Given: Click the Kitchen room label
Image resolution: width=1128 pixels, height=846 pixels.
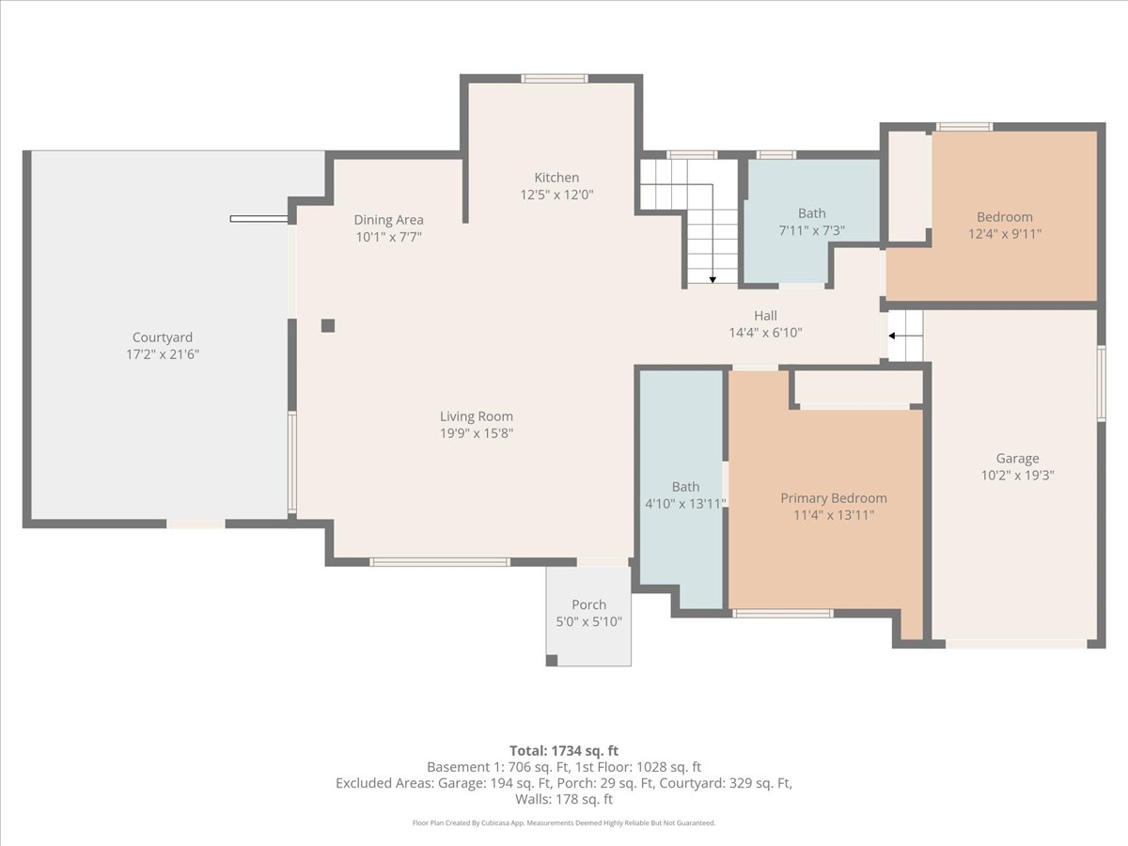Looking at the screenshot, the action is coord(556,178).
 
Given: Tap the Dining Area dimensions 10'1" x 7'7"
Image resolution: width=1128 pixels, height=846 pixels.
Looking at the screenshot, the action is coord(388,237).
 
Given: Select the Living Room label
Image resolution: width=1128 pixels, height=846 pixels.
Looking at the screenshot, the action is coord(477,416).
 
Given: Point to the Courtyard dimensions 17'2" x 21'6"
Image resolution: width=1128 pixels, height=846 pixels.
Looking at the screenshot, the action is coord(163,354).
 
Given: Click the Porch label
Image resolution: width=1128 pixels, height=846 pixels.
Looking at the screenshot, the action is coord(589,604).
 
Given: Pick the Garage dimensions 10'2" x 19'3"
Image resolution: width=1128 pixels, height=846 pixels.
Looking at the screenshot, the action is coord(1017,475).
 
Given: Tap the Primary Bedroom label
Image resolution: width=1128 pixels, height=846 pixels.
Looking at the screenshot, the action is coord(834,498).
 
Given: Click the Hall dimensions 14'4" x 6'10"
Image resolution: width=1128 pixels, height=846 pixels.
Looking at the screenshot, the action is coord(765,333).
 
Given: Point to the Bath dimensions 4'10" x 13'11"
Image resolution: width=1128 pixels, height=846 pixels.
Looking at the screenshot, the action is coord(685,504).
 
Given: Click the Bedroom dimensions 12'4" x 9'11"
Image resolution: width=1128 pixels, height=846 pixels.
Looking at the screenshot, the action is coord(1005,234).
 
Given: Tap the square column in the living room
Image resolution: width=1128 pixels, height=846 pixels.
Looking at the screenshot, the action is coord(328,325).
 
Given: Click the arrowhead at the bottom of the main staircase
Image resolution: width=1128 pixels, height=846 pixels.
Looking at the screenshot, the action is coord(713,280).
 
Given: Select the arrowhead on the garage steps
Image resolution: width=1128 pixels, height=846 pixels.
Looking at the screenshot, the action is coord(892,336).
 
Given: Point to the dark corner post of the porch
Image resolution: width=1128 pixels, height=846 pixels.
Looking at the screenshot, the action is coord(552,660).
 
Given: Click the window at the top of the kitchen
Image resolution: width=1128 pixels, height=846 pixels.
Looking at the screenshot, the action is coord(554,79).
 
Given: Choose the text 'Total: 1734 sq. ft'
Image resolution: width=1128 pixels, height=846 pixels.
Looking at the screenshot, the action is coord(564,751).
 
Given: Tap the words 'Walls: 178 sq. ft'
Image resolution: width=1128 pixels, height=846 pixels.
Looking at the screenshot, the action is coord(564,799).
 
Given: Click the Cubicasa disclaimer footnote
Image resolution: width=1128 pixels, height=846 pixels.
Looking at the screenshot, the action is coord(564,822).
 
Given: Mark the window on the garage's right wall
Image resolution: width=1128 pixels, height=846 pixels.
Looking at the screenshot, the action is coord(1102,384).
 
